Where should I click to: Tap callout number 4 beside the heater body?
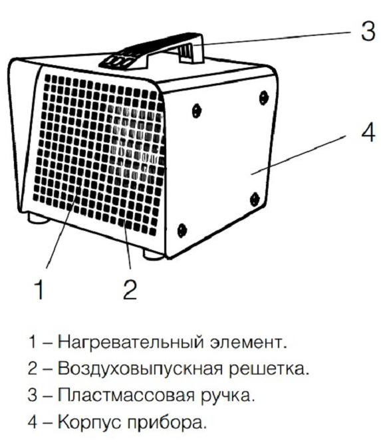point(368,132)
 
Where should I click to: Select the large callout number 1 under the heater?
point(39,289)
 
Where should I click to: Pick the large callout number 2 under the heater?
point(130,289)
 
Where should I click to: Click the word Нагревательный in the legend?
point(130,343)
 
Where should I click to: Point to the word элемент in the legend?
point(249,343)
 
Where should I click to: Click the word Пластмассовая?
point(126,395)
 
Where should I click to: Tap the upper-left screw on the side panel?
point(196,110)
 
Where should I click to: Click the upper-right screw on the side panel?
point(263,97)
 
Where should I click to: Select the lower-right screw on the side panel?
point(255,198)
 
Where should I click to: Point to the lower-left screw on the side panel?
point(182,230)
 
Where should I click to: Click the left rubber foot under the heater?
point(37,218)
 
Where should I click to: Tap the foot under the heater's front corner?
point(154,255)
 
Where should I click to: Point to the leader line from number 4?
point(299,155)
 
